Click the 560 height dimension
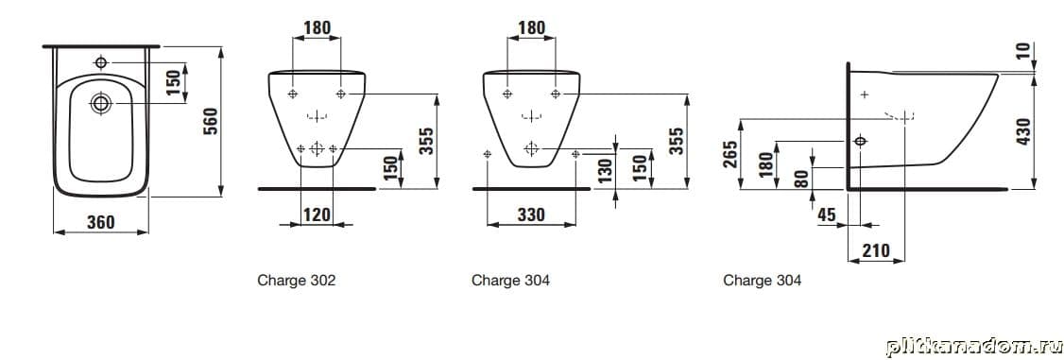click(211, 121)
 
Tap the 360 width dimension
click(101, 222)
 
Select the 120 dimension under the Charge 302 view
click(317, 214)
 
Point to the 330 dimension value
click(531, 214)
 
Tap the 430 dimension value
click(1023, 130)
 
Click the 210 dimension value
click(875, 250)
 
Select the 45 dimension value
click(827, 214)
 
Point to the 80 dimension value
click(801, 179)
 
